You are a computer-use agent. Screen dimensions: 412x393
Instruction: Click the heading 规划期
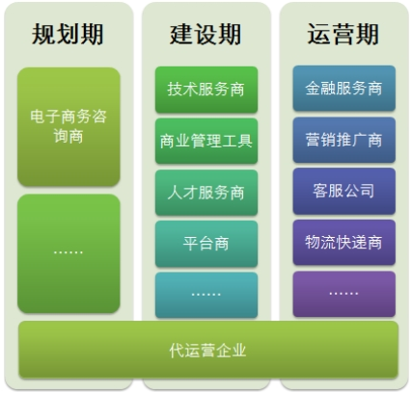[68, 34]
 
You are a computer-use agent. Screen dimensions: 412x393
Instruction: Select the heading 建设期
[206, 34]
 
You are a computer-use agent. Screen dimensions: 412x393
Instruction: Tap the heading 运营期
[343, 34]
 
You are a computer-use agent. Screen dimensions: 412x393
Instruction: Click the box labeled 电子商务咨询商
[69, 127]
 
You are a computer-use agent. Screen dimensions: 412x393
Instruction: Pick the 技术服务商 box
[206, 90]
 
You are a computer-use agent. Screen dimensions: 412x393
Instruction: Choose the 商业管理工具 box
[206, 142]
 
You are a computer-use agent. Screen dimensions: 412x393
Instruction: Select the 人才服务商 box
[206, 193]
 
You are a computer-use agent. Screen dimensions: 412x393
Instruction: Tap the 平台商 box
[206, 244]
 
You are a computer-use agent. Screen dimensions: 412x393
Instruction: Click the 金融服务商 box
[344, 89]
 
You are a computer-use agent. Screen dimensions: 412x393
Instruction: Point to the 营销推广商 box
[344, 140]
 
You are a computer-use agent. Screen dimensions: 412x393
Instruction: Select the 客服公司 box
[344, 191]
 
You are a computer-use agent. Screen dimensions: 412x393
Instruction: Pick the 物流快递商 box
[344, 243]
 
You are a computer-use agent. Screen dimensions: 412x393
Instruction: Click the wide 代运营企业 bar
[208, 350]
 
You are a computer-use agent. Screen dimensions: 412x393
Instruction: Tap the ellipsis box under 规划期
[69, 253]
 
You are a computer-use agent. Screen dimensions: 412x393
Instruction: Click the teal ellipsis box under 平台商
[206, 296]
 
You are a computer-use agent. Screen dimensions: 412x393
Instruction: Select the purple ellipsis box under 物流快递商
[344, 294]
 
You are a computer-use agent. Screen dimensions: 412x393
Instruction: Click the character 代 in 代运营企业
[177, 351]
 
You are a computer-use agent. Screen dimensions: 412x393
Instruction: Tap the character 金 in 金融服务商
[313, 89]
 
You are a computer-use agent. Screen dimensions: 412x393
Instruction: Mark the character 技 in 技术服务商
[175, 90]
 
